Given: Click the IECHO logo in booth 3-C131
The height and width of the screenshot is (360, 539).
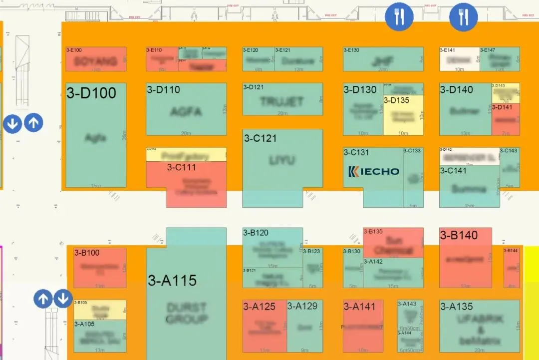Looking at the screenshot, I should (374, 171).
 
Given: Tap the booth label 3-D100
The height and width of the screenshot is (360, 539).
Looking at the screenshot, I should (91, 93).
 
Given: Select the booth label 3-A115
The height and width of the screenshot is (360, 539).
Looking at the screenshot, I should (172, 281).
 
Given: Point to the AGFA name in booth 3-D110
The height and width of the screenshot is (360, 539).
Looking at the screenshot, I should (186, 111).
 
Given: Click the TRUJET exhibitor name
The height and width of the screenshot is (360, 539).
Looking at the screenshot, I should (282, 102).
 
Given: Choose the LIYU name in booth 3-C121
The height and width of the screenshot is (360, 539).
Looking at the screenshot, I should (282, 161).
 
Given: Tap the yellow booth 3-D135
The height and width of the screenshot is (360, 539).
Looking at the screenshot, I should (403, 117).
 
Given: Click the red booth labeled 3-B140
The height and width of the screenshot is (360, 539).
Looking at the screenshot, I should (465, 260).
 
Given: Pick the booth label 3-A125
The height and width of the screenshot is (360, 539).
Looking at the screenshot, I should (259, 307).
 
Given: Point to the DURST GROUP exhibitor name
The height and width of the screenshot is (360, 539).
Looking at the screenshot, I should (187, 313).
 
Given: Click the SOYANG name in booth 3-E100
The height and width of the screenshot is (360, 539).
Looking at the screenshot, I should (96, 61).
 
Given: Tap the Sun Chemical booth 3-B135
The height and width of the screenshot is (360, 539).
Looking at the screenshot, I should (393, 245).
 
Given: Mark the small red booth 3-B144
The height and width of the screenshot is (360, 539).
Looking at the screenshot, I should (512, 268).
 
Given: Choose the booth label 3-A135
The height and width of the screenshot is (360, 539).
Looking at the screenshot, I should (456, 307).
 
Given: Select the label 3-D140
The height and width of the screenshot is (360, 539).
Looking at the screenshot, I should (456, 90).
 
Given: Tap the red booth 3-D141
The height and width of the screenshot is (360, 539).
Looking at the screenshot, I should (506, 120).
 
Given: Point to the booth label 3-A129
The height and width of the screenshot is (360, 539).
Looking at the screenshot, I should (302, 306).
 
